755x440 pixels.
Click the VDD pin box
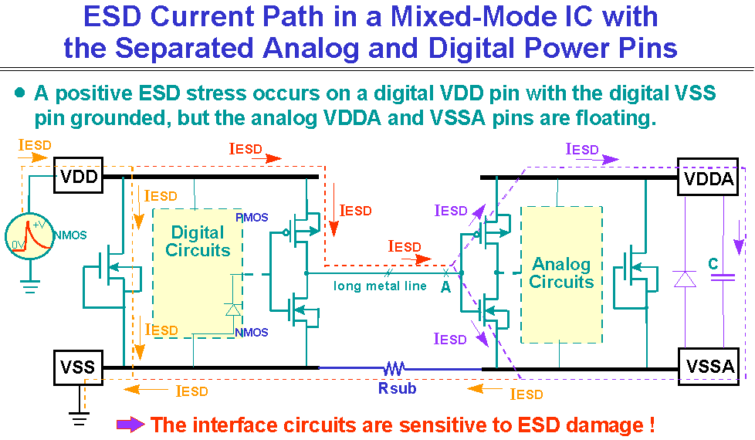click(x=79, y=178)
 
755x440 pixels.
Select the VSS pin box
click(x=78, y=366)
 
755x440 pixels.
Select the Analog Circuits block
click(x=561, y=274)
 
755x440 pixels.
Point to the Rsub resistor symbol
click(x=396, y=368)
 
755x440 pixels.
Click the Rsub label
click(x=397, y=388)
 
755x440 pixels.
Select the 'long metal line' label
click(x=380, y=286)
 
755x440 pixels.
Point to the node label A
click(x=446, y=286)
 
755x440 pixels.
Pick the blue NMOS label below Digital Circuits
click(x=252, y=333)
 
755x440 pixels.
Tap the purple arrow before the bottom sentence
click(x=130, y=424)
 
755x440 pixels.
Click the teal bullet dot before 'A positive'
click(x=20, y=93)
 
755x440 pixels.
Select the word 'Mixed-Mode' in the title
click(x=445, y=17)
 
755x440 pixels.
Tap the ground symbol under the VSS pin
click(x=78, y=418)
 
